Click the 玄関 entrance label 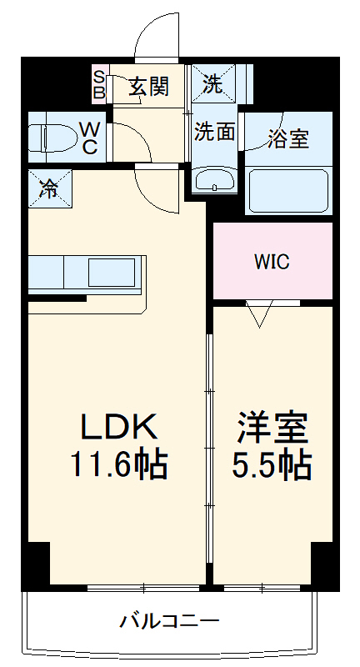pyautogui.click(x=149, y=84)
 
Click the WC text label pyautogui.click(x=89, y=138)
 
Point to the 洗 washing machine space pyautogui.click(x=214, y=83)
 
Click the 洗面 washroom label pyautogui.click(x=214, y=131)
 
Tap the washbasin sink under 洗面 pyautogui.click(x=214, y=180)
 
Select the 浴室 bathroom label pyautogui.click(x=288, y=138)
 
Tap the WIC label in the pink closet pyautogui.click(x=272, y=262)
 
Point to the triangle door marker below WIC pyautogui.click(x=260, y=314)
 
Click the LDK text pyautogui.click(x=117, y=428)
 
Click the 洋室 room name pyautogui.click(x=272, y=428)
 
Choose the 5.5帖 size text pyautogui.click(x=272, y=464)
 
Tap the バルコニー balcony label pyautogui.click(x=169, y=621)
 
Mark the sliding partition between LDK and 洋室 pyautogui.click(x=209, y=450)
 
